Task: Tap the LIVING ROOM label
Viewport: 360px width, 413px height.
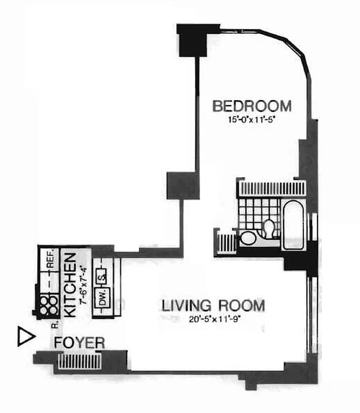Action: [213, 305]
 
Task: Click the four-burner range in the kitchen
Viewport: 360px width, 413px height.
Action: [47, 305]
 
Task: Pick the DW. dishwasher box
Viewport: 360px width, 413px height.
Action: [101, 300]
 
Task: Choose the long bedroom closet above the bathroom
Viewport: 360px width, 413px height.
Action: [271, 187]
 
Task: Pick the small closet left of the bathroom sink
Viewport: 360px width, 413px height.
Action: [226, 242]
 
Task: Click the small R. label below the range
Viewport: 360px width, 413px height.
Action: [54, 325]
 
